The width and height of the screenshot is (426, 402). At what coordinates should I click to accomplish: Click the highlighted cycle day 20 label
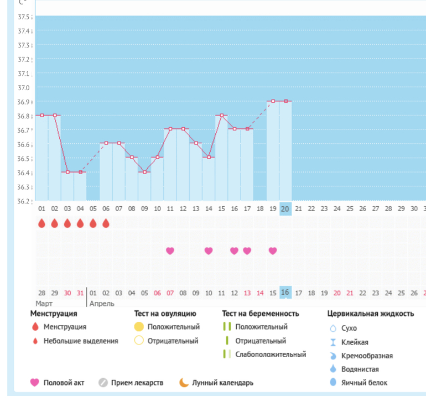[285, 208]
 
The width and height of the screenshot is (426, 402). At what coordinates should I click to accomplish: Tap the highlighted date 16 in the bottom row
[285, 293]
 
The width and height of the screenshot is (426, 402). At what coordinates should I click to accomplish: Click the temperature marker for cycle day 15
[221, 115]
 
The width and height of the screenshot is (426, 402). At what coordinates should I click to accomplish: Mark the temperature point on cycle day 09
[144, 172]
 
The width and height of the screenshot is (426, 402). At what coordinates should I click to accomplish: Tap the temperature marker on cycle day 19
[273, 101]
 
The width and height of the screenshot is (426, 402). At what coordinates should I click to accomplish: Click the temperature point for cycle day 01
[42, 115]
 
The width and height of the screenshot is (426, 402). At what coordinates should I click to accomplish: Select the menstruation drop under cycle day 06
[106, 223]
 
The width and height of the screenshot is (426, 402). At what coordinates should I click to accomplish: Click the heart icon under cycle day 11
[170, 250]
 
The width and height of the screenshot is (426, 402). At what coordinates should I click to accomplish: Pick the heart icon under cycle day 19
[273, 250]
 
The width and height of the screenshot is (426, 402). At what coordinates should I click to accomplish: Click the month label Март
[44, 304]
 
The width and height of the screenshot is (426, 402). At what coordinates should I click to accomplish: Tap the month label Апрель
[102, 304]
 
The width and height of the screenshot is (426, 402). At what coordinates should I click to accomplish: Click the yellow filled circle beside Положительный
[139, 327]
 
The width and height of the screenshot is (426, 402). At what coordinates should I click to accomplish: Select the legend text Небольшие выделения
[81, 341]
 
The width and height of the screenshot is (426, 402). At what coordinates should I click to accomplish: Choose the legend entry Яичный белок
[364, 383]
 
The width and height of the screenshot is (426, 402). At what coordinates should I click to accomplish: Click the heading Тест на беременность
[260, 314]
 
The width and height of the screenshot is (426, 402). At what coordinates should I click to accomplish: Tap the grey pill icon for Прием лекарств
[102, 383]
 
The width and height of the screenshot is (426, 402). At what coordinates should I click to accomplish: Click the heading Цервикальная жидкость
[370, 314]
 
